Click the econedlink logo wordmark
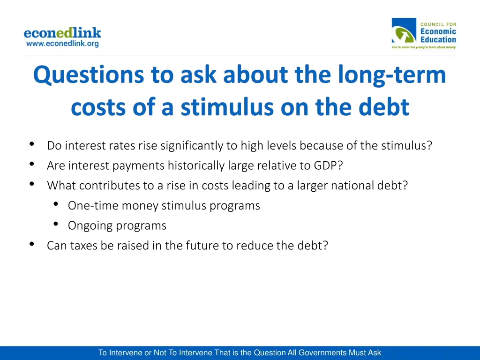click(62, 33)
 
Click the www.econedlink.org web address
click(62, 44)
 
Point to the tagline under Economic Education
click(423, 47)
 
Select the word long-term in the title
click(392, 75)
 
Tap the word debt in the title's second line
click(384, 107)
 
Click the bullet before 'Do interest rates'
click(31, 144)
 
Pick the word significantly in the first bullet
click(192, 146)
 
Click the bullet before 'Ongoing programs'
click(56, 224)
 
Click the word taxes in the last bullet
click(84, 246)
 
